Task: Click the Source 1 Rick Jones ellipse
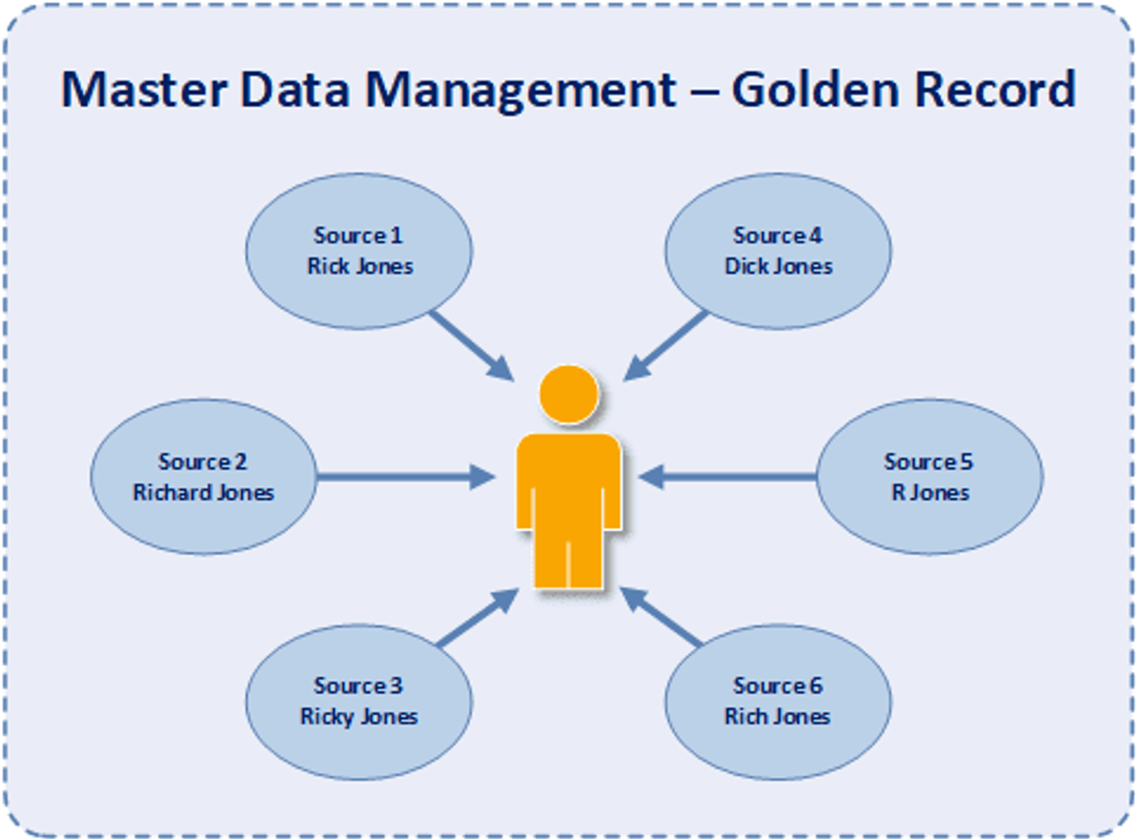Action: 360,251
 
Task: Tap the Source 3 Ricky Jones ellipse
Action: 359,701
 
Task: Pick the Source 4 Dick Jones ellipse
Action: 778,251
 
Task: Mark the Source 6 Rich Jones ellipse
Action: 778,701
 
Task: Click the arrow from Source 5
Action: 729,477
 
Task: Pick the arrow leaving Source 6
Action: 663,618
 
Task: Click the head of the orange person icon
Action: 569,394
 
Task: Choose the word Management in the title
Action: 521,89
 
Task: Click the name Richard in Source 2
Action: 170,492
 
